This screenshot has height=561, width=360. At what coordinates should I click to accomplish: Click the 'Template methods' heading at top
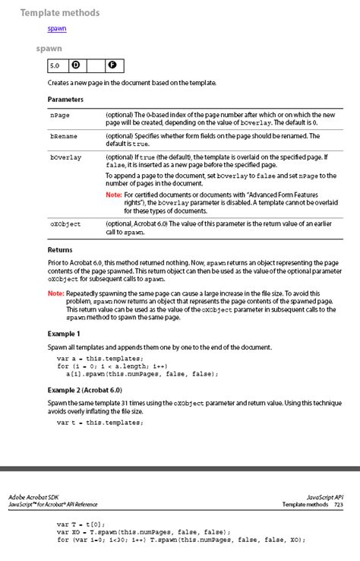(x=60, y=13)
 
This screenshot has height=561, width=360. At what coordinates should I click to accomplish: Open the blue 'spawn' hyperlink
(x=57, y=29)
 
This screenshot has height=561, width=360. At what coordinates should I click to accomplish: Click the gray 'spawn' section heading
(x=49, y=49)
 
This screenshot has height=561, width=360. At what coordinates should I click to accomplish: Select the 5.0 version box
(x=55, y=66)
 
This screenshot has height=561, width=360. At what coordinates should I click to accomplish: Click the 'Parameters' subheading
(x=65, y=100)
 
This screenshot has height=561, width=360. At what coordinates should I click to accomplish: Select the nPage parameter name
(x=60, y=115)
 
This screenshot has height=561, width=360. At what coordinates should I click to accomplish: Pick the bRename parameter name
(x=63, y=136)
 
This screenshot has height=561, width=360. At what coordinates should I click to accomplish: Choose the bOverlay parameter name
(x=65, y=157)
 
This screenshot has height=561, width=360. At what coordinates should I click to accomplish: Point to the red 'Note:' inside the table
(x=113, y=195)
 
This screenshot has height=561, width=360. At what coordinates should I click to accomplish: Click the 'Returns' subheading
(x=60, y=249)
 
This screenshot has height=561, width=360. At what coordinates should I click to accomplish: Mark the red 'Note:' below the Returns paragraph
(x=55, y=293)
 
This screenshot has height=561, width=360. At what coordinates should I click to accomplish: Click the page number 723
(x=337, y=504)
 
